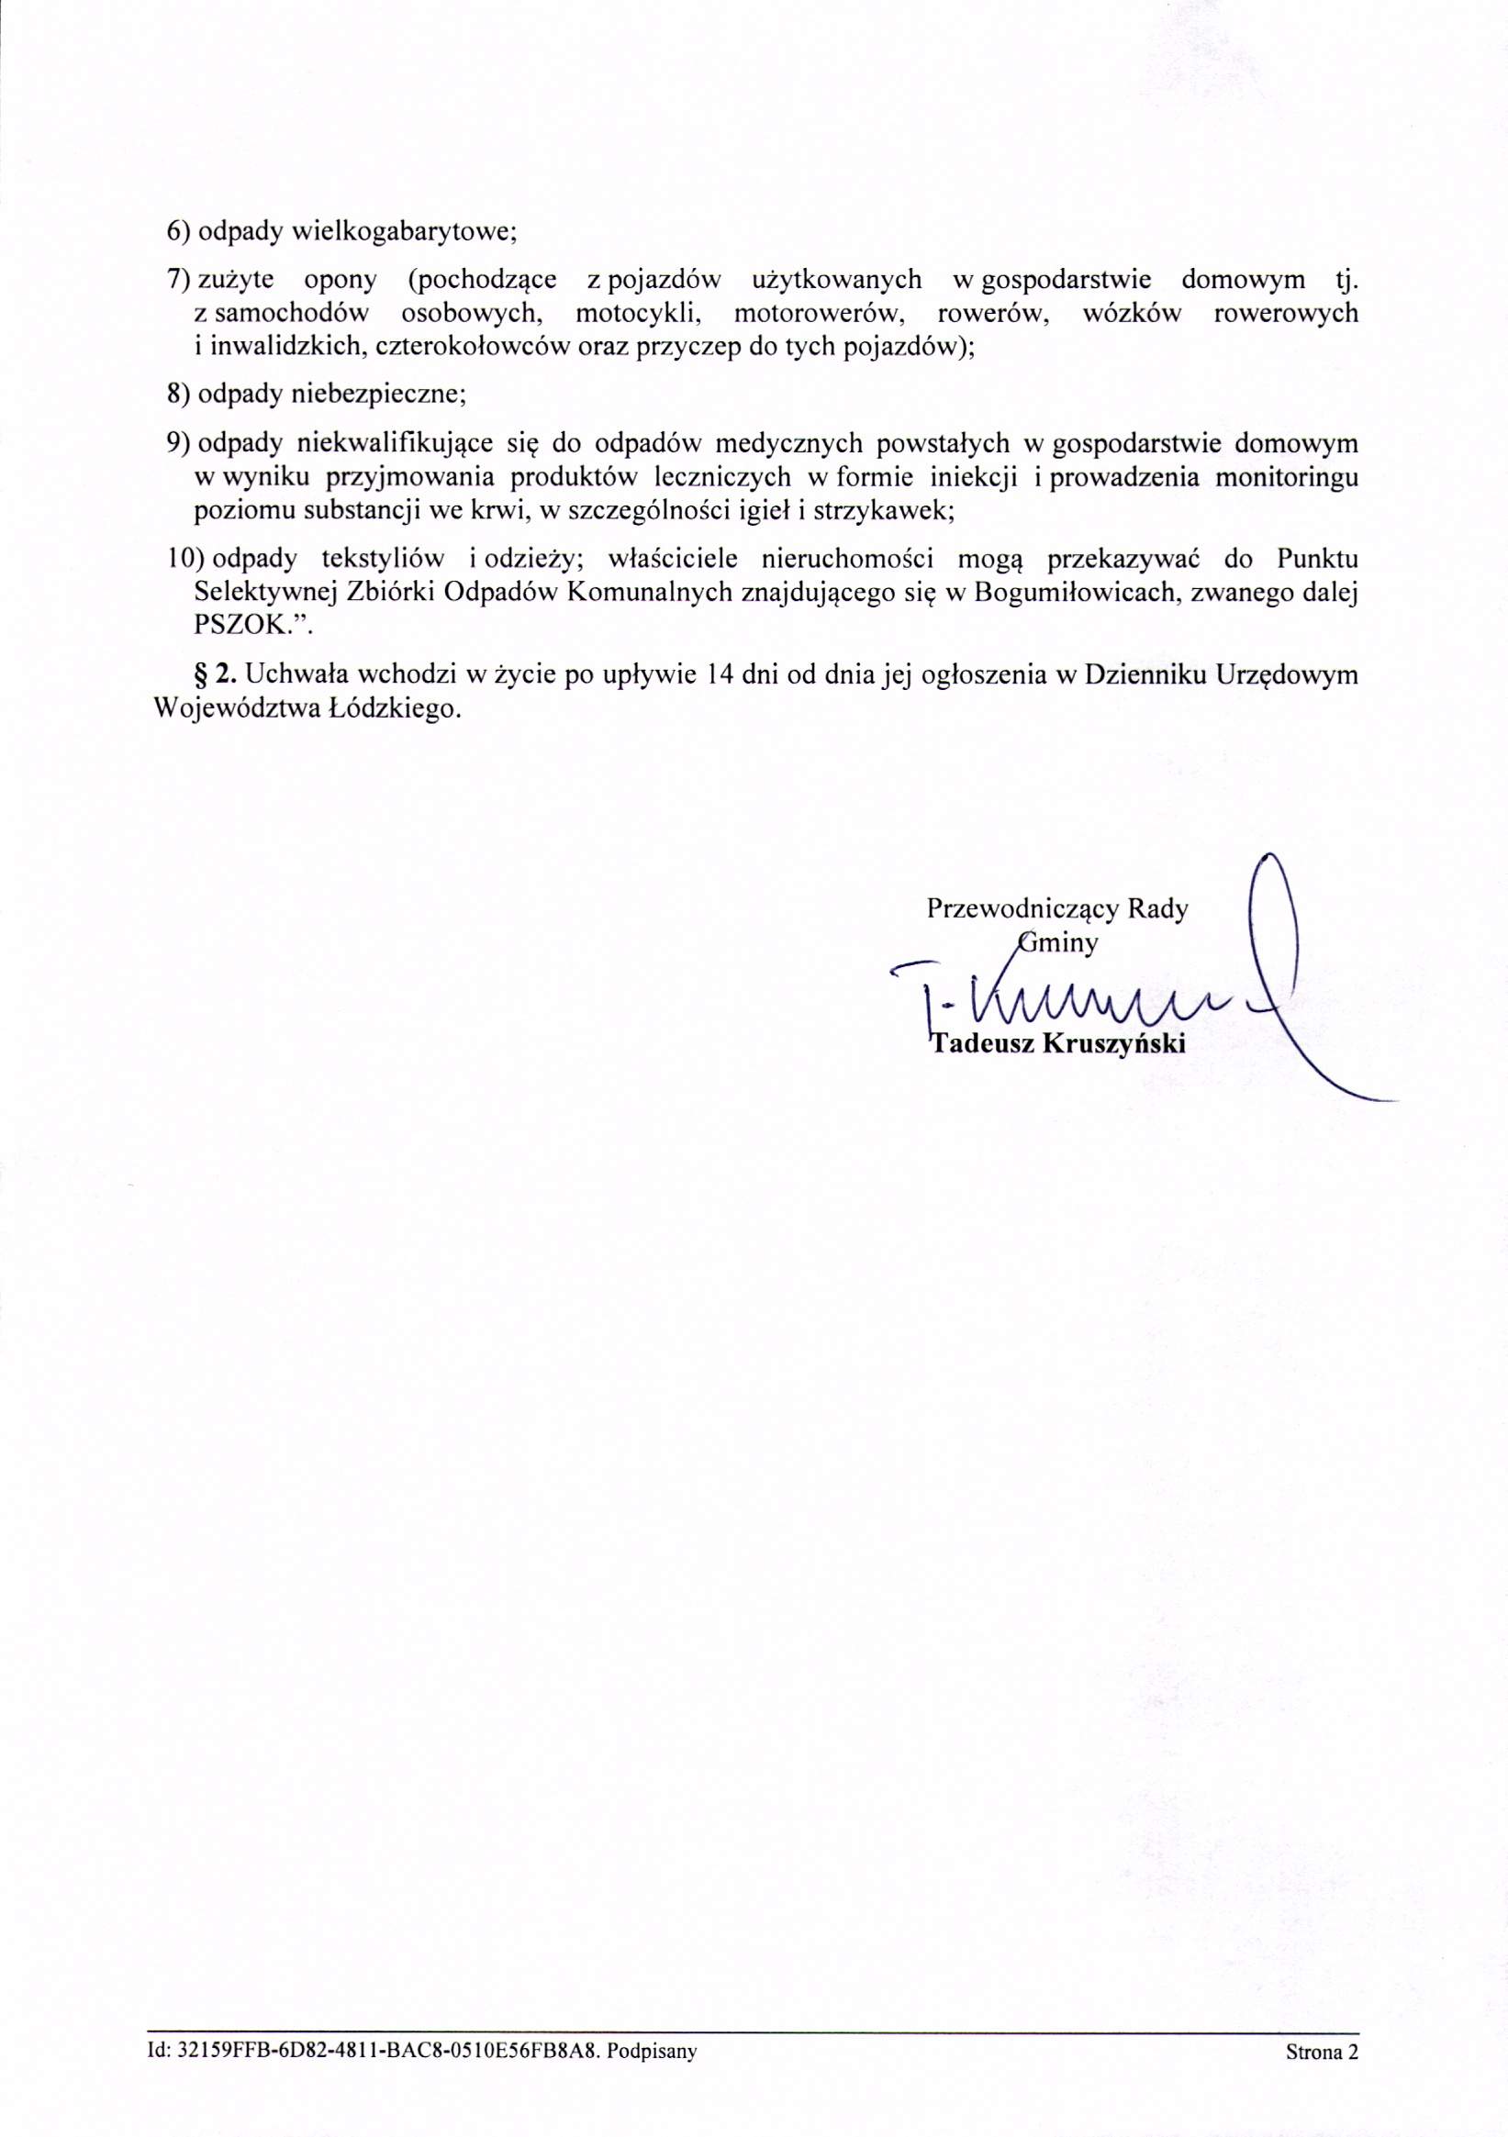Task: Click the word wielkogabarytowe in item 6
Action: click(x=404, y=232)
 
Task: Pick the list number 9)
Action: click(x=179, y=443)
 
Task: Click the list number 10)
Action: click(x=185, y=559)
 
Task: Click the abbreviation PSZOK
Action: click(x=246, y=627)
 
